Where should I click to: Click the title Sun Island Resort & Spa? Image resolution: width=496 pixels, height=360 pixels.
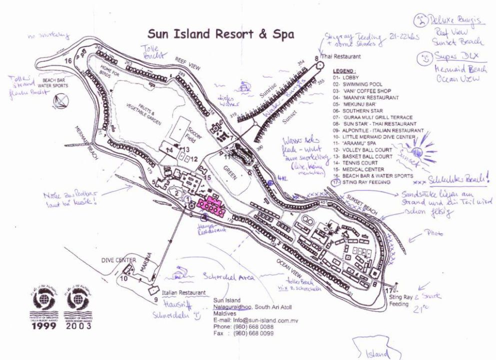[x=220, y=34]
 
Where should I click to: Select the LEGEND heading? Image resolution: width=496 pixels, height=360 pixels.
[x=343, y=71]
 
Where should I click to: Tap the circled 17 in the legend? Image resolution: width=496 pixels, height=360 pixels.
[x=337, y=182]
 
